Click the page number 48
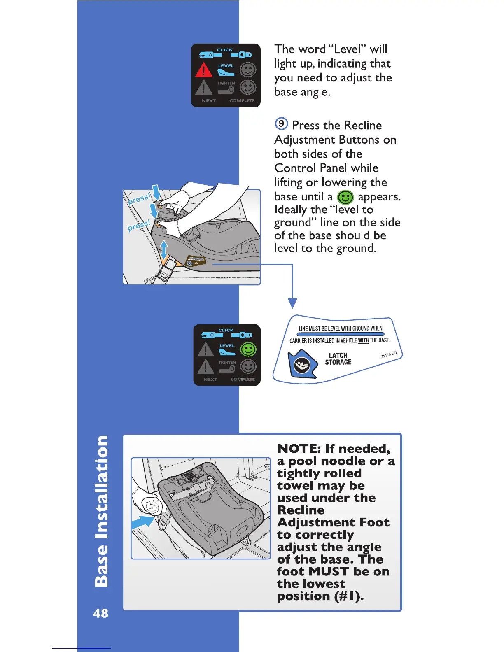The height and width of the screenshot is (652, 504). click(x=101, y=613)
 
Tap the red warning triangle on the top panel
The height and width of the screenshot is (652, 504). click(x=203, y=70)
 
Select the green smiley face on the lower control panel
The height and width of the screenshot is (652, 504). click(x=248, y=349)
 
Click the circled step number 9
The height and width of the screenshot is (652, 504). click(x=281, y=123)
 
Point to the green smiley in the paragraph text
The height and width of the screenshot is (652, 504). click(x=345, y=197)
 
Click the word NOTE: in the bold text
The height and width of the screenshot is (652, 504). click(x=299, y=449)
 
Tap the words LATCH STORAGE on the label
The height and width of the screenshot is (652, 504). click(x=338, y=359)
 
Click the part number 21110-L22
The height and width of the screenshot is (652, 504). click(x=389, y=354)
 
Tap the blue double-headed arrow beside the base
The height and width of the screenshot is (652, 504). click(x=164, y=249)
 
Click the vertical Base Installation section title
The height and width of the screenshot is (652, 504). click(x=101, y=510)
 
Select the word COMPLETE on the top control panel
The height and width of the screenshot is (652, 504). click(x=242, y=100)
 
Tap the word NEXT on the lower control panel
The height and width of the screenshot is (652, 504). click(x=210, y=379)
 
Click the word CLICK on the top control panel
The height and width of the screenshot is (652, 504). click(x=225, y=50)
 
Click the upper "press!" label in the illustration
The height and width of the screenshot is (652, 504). click(x=139, y=199)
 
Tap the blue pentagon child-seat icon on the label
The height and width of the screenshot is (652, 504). click(x=302, y=364)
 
